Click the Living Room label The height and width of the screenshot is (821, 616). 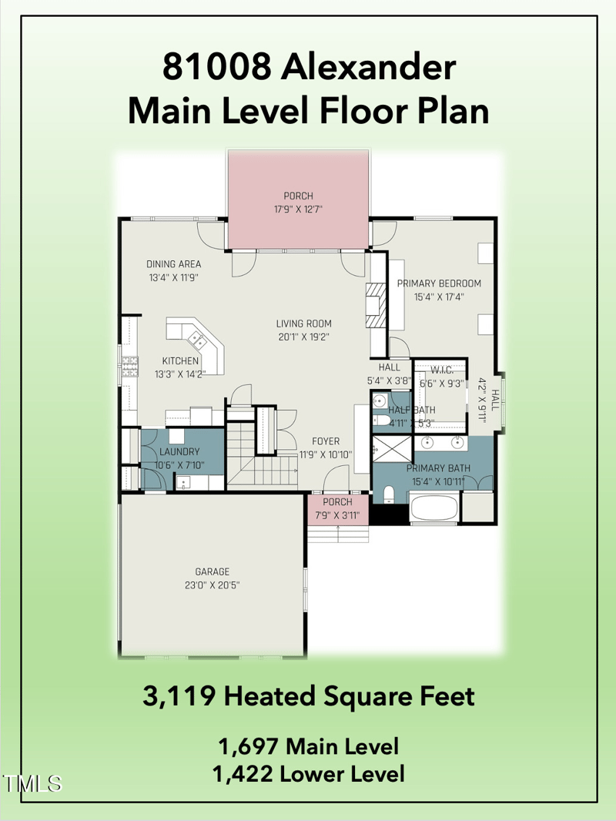click(304, 324)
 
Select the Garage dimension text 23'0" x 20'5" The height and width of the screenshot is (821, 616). click(212, 585)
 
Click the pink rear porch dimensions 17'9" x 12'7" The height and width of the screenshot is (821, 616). click(298, 209)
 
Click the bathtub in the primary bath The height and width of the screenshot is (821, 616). click(434, 508)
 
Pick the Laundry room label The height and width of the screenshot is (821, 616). click(179, 451)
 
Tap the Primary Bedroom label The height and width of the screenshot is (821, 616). click(439, 283)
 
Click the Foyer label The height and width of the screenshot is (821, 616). click(326, 441)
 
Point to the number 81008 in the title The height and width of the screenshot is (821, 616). click(216, 68)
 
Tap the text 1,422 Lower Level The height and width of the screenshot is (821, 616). click(308, 773)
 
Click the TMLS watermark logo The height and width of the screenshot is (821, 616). click(32, 784)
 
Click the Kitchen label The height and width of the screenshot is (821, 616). click(180, 360)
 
